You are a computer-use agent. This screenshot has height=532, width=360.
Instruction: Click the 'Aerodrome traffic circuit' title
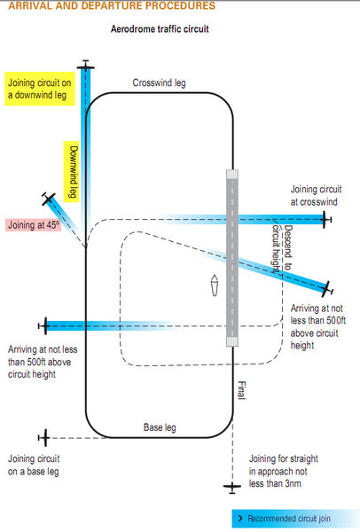tap(160, 29)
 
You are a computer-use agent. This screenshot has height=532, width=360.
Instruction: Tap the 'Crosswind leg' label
tap(159, 82)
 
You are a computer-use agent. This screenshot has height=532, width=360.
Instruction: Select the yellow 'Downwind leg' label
tap(72, 172)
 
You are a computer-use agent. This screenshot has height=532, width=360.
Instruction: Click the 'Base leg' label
tap(160, 427)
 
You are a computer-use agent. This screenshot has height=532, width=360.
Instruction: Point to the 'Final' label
tap(241, 390)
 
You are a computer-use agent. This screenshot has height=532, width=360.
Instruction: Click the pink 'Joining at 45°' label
tap(34, 225)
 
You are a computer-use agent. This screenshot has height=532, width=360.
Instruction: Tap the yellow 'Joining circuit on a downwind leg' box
tap(39, 89)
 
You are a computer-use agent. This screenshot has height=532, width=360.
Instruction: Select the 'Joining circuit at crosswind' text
tap(316, 195)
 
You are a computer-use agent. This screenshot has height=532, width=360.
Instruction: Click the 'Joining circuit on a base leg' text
tap(34, 465)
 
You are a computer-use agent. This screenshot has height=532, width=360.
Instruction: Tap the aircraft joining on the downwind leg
tap(85, 66)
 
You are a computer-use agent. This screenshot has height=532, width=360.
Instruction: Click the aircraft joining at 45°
tap(48, 199)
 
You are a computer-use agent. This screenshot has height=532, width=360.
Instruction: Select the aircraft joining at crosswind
tap(326, 220)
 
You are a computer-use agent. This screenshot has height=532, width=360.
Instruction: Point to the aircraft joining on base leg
tap(44, 438)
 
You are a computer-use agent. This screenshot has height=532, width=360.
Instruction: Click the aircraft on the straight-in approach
tap(232, 487)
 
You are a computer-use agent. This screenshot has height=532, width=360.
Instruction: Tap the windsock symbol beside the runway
tap(215, 285)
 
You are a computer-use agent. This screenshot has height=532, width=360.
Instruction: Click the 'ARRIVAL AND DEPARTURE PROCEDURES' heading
tap(112, 5)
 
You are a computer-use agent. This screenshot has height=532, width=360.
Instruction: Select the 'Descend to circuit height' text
tap(282, 248)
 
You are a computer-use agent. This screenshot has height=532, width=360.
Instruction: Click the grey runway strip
tap(232, 258)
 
